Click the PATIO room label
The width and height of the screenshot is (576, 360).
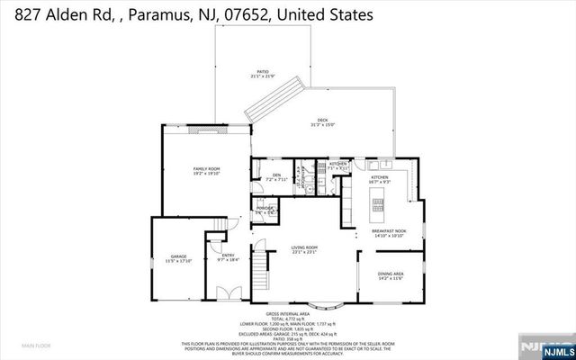pyautogui.click(x=263, y=71)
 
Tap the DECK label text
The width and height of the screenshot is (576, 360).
pyautogui.click(x=322, y=122)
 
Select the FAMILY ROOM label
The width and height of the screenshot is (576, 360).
pyautogui.click(x=207, y=170)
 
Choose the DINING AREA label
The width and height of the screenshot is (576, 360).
pyautogui.click(x=390, y=274)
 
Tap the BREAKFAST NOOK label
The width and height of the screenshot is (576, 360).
pyautogui.click(x=389, y=231)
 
